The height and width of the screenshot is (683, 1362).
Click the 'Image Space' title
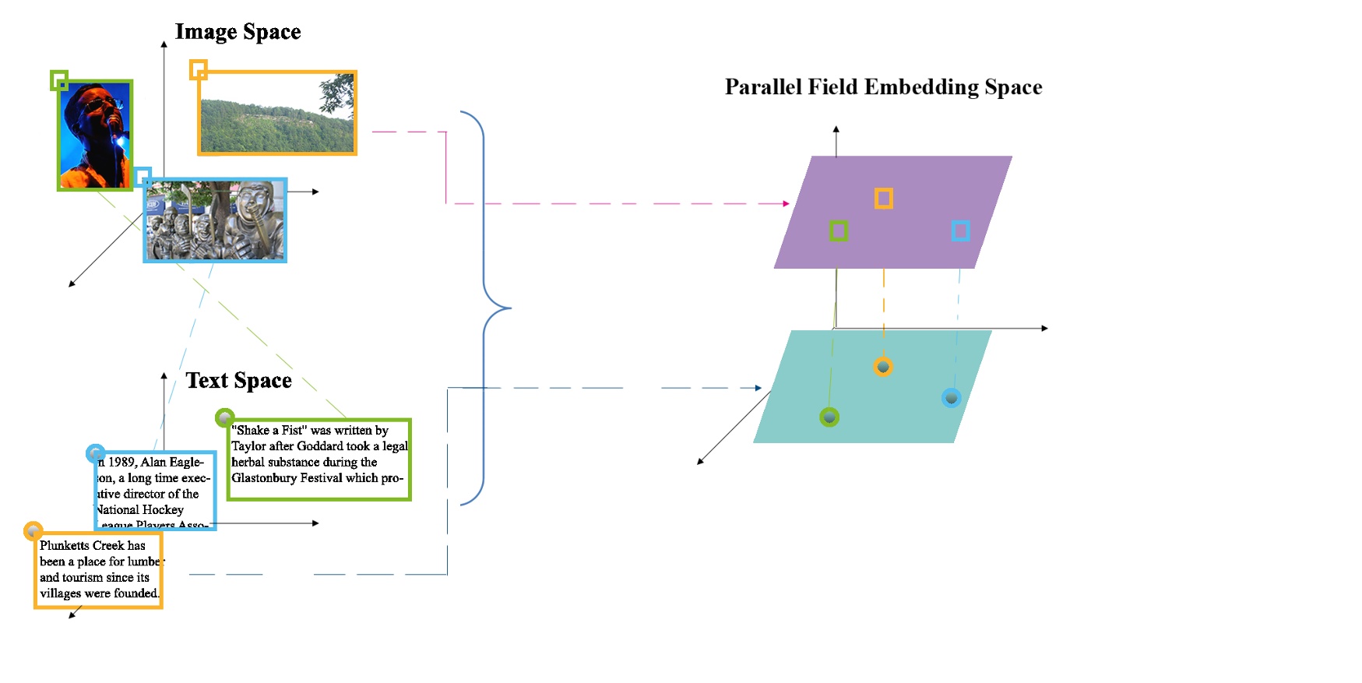point(238,32)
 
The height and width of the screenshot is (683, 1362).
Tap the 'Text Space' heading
point(238,380)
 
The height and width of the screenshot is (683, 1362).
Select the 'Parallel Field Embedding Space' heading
point(883,87)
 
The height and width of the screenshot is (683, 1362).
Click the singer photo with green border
point(95,136)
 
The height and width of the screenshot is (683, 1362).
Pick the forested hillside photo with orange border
point(277,114)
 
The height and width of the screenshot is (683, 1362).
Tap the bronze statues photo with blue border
point(215,220)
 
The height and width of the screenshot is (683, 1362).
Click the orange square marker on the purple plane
point(883,199)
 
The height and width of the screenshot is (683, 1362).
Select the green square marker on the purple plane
point(838,231)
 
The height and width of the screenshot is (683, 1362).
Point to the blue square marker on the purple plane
point(960,231)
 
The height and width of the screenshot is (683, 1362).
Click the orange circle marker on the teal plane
point(882,366)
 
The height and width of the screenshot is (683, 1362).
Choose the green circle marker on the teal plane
point(829,417)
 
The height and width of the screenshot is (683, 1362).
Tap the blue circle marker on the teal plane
point(951,398)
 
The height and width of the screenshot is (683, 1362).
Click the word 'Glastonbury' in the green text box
point(263,478)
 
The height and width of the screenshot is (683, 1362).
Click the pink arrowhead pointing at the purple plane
point(786,203)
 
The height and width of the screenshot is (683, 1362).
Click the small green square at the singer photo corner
point(59,79)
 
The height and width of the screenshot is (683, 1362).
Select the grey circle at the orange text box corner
point(33,531)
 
